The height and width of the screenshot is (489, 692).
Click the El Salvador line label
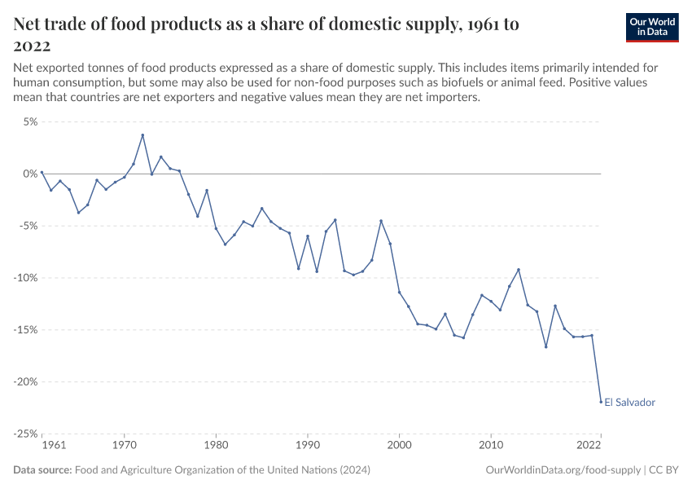[629, 402]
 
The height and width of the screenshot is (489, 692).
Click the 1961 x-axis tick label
[53, 446]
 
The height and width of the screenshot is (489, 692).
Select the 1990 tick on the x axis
[308, 446]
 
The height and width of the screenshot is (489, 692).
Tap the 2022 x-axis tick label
[589, 446]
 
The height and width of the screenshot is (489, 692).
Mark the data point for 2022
[601, 401]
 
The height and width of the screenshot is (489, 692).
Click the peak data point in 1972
[142, 135]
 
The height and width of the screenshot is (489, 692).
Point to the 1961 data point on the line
[42, 172]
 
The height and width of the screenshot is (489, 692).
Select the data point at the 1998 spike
[381, 221]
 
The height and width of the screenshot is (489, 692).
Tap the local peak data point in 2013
[519, 270]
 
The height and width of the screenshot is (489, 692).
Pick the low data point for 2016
[546, 346]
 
